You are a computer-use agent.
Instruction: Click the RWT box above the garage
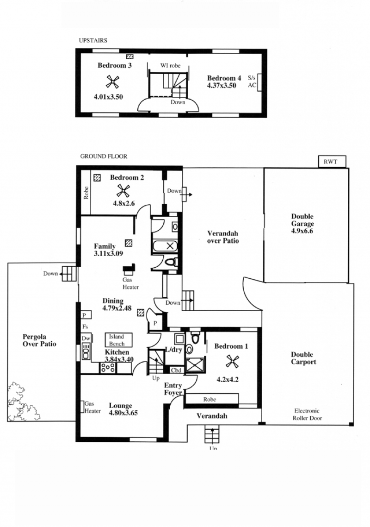coord(332,162)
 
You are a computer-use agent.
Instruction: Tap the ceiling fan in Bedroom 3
coord(112,82)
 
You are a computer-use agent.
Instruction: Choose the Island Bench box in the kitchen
coord(118,340)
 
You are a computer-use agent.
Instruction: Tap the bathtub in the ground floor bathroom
coord(165,246)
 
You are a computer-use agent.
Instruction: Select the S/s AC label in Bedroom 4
coord(252,82)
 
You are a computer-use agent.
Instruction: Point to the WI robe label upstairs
coord(170,66)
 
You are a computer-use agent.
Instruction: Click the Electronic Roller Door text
coord(307,414)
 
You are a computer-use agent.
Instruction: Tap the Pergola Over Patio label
coord(39,340)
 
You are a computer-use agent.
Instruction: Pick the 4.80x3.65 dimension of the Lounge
coord(123,413)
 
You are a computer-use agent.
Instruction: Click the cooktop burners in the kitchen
coord(108,368)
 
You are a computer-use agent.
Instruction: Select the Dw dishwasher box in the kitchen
coord(86,339)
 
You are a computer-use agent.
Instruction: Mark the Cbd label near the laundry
coord(176,370)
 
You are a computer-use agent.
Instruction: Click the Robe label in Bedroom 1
coord(210,399)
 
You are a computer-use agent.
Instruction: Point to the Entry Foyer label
coord(173,389)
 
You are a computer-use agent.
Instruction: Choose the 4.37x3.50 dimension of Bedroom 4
coord(222,85)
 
